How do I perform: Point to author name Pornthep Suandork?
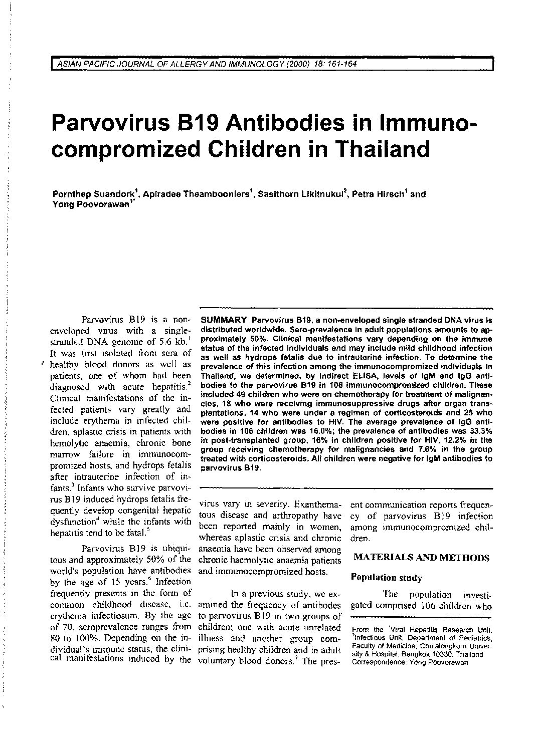(94, 194)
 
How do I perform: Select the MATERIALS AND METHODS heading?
(422, 558)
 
